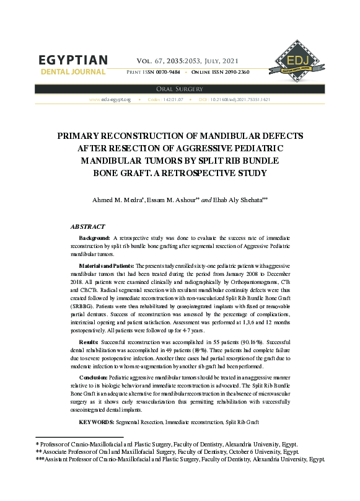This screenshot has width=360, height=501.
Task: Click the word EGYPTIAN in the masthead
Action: [73, 60]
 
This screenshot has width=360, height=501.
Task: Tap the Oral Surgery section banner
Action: [180, 89]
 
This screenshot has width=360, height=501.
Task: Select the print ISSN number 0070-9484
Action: [167, 73]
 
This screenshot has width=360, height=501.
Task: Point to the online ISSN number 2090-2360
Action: [232, 73]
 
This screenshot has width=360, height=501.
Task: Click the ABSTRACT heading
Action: [87, 227]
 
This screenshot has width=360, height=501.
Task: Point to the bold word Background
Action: [94, 238]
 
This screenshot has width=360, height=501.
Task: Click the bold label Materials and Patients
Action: [106, 265]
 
